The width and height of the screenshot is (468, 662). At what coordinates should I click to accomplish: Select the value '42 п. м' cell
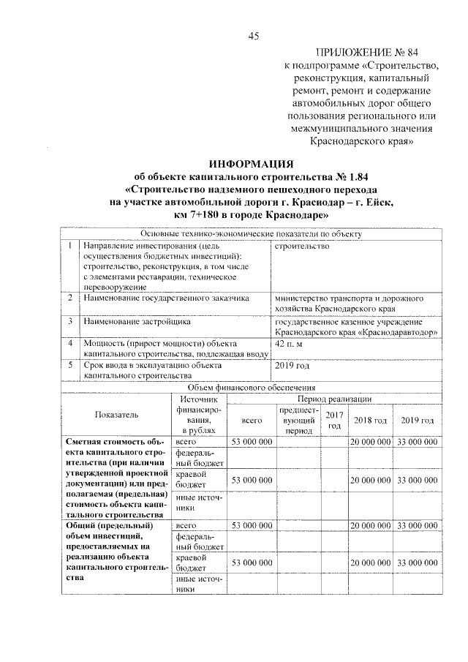(x=287, y=343)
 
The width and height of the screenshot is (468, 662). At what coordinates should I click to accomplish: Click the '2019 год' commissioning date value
(x=291, y=366)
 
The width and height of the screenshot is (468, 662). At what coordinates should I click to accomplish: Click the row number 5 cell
(x=69, y=365)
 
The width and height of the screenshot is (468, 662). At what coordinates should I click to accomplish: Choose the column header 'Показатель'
(x=116, y=415)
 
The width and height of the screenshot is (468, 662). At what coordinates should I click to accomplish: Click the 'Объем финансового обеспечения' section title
(x=252, y=388)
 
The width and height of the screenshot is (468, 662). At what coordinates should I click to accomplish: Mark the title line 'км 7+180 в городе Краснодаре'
(x=252, y=217)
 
